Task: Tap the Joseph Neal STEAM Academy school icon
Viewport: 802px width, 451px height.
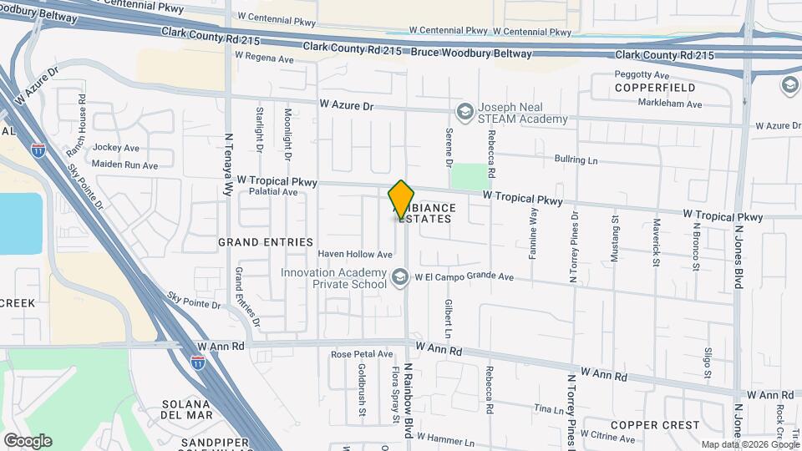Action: pyautogui.click(x=464, y=111)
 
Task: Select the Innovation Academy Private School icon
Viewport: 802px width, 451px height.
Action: pyautogui.click(x=401, y=277)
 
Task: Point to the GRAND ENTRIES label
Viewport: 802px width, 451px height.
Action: pyautogui.click(x=265, y=242)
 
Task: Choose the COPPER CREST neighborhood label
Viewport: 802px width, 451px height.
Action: pyautogui.click(x=654, y=425)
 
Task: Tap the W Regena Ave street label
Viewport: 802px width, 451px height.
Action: pyautogui.click(x=264, y=57)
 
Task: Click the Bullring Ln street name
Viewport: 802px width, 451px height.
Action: pyautogui.click(x=576, y=159)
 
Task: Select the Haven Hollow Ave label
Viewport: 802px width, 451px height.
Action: pyautogui.click(x=355, y=254)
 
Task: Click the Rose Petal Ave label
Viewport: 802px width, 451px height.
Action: pyautogui.click(x=361, y=354)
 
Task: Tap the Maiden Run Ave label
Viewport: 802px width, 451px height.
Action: pyautogui.click(x=124, y=165)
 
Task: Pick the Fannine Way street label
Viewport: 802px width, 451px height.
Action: pyautogui.click(x=531, y=227)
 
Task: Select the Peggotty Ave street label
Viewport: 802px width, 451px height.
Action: pyautogui.click(x=642, y=75)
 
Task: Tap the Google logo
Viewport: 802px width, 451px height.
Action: pyautogui.click(x=27, y=440)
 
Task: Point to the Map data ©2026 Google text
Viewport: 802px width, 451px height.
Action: pyautogui.click(x=749, y=444)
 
